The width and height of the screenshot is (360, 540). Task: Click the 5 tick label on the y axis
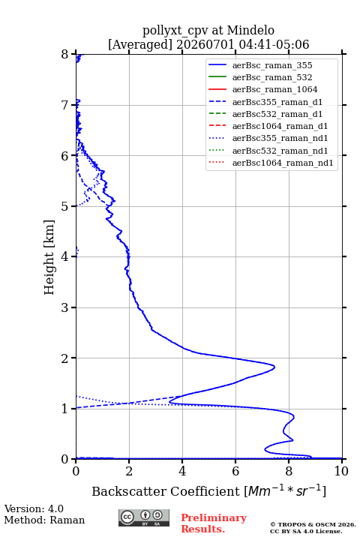[x=65, y=206]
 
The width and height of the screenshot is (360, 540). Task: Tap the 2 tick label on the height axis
[x=65, y=358]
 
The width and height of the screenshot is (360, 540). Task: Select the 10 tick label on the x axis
[x=341, y=471]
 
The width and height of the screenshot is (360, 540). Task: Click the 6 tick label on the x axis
[x=235, y=471]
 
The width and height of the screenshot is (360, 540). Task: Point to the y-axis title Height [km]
[x=49, y=257]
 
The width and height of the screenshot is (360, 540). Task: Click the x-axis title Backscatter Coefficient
[x=165, y=491]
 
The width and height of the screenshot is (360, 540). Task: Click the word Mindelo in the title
[x=250, y=30]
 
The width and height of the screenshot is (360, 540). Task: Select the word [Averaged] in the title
[x=140, y=44]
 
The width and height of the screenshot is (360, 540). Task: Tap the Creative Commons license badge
[x=144, y=517]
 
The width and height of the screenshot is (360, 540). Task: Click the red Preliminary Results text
[x=214, y=523]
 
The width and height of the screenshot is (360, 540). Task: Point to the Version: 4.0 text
[x=34, y=508]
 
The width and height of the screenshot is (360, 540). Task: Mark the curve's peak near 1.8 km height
[x=274, y=367]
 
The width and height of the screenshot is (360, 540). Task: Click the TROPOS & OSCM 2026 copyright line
[x=313, y=524]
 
